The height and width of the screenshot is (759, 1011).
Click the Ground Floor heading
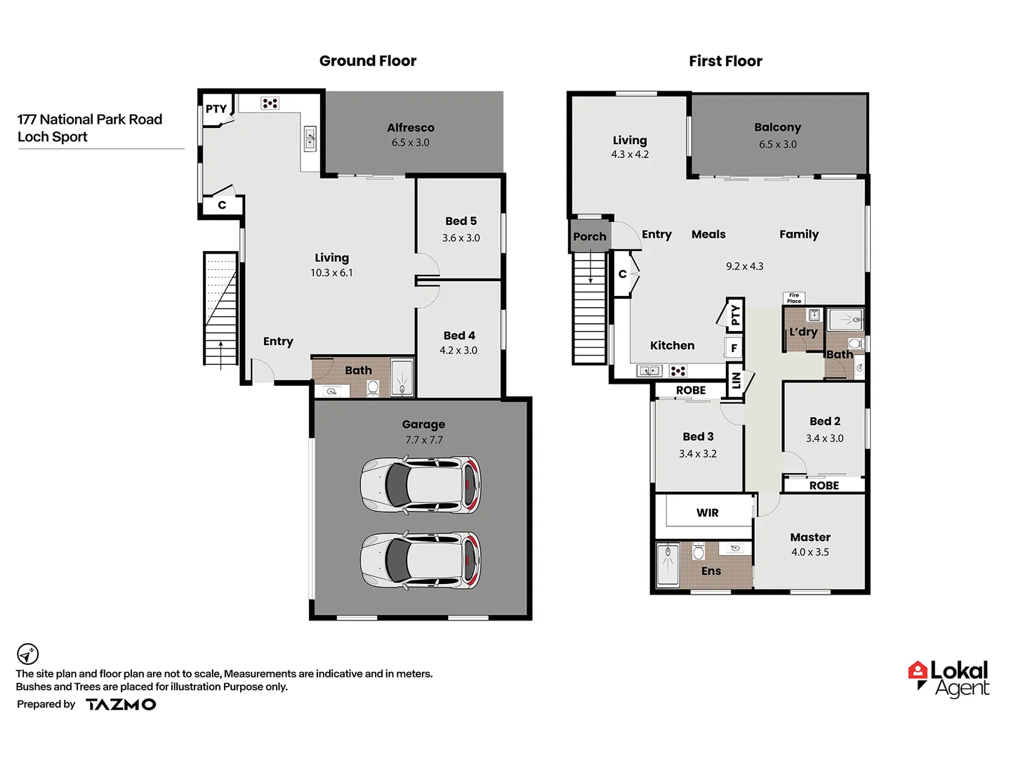pos(367,61)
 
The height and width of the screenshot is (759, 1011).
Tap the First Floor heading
pos(725,61)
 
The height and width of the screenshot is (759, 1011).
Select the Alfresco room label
pos(411,128)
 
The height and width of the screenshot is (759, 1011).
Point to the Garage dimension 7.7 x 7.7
pos(423,440)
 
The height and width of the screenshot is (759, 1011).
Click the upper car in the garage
pos(421,484)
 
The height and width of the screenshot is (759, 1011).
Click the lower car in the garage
pos(421,560)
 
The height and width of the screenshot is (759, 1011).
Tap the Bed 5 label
pos(461,221)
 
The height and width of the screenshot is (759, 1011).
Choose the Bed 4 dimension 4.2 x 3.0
pos(458,350)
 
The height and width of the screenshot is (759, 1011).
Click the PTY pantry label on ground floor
pos(216,109)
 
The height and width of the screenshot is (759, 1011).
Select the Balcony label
pos(777,128)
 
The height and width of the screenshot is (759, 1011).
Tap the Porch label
pos(590,237)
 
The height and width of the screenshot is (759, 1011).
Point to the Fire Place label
pos(794,298)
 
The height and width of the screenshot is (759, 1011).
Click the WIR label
pos(707,513)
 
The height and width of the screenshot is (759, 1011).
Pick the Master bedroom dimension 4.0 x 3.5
pos(810,552)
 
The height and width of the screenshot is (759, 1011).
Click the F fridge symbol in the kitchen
pos(734,348)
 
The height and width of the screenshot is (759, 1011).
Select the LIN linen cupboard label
pos(736,380)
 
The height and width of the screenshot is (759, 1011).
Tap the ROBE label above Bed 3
pos(691,391)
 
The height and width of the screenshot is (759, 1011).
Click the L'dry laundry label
pos(803,332)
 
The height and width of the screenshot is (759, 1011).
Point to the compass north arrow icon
pos(27,654)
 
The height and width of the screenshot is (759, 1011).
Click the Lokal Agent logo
pos(949,679)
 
